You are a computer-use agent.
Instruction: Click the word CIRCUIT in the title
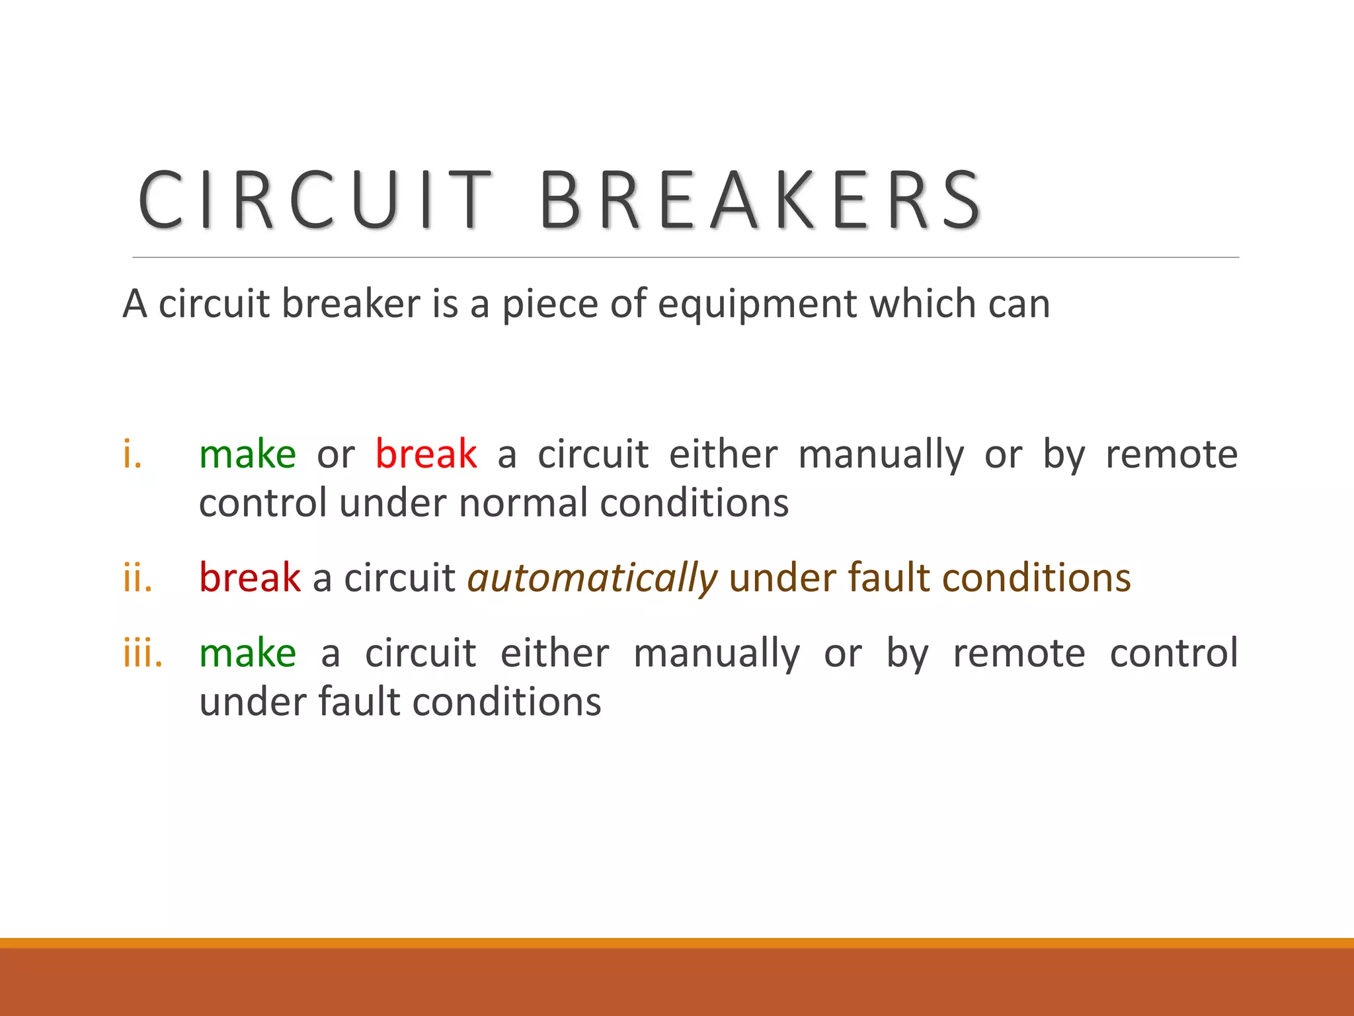(315, 200)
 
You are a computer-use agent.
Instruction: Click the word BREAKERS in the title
(760, 200)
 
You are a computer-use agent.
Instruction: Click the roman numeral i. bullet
(133, 455)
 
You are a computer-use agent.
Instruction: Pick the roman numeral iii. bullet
(143, 654)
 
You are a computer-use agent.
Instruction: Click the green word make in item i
(248, 455)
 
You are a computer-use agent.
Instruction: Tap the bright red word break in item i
(426, 455)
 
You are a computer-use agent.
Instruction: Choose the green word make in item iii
(248, 654)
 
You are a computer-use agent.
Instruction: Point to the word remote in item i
(1172, 455)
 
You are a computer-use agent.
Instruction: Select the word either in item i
(723, 455)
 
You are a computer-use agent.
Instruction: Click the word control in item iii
(1174, 654)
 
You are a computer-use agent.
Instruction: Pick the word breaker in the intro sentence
(351, 305)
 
